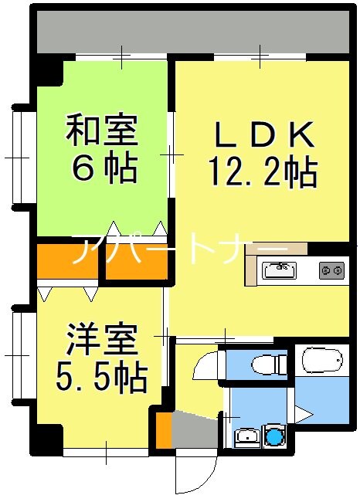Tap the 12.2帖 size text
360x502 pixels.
coord(262,171)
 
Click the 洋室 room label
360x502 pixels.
coord(101,339)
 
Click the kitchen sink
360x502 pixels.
coord(279,270)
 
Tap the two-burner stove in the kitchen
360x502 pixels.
coord(332,270)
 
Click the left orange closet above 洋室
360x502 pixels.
coord(67,263)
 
